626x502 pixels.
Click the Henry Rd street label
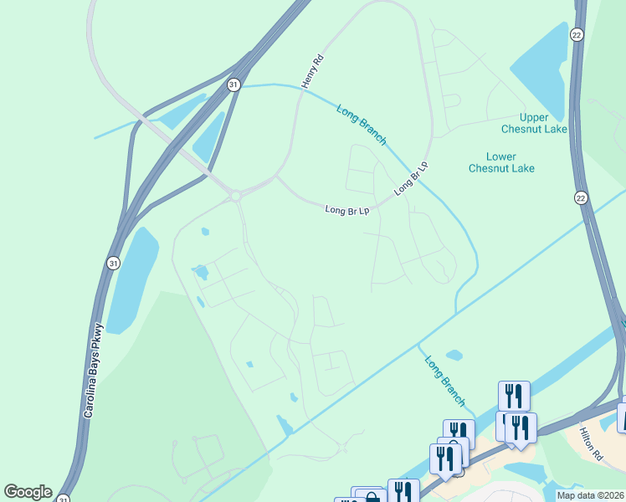[x=311, y=72]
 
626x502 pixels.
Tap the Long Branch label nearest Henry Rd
[x=362, y=125]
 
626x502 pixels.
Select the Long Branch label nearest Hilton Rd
[x=444, y=382]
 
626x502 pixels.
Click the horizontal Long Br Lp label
[x=347, y=210]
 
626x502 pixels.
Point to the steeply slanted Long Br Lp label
[x=411, y=178]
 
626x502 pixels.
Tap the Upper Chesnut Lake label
[x=534, y=123]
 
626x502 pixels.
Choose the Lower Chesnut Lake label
[x=501, y=162]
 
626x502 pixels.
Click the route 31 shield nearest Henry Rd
[x=233, y=85]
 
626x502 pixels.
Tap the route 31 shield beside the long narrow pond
[x=114, y=264]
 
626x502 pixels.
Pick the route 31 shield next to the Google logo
[x=64, y=499]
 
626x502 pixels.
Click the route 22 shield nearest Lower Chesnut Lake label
[x=582, y=197]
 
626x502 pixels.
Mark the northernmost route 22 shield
[x=577, y=34]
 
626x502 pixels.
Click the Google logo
[x=28, y=492]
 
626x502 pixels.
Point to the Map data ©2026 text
[x=591, y=495]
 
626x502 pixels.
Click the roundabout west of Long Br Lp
[x=236, y=196]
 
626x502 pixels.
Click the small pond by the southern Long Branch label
[x=454, y=355]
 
